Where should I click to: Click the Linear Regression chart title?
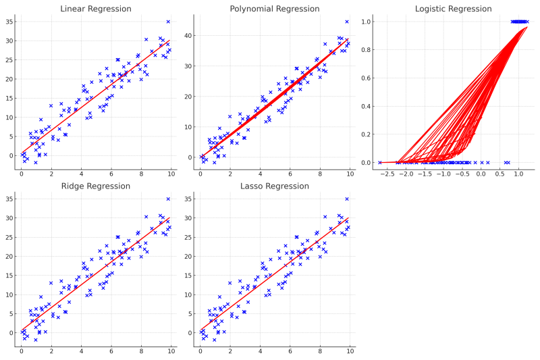[96, 9]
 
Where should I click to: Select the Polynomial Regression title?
[275, 9]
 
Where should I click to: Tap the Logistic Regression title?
[454, 9]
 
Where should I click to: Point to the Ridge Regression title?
[96, 186]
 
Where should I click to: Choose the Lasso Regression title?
[275, 186]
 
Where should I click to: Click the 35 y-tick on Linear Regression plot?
[9, 22]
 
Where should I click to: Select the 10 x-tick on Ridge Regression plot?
[171, 352]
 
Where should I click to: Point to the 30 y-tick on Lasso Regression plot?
[188, 218]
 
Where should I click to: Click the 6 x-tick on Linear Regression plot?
[111, 174]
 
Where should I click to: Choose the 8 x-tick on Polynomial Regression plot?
[320, 174]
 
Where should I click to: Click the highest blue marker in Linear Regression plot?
[168, 22]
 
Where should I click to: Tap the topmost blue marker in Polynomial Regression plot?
[347, 22]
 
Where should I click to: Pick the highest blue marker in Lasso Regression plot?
[347, 199]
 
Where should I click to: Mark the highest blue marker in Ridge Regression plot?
[168, 199]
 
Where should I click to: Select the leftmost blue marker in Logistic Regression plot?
[380, 162]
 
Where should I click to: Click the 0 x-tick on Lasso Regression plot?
[200, 352]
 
